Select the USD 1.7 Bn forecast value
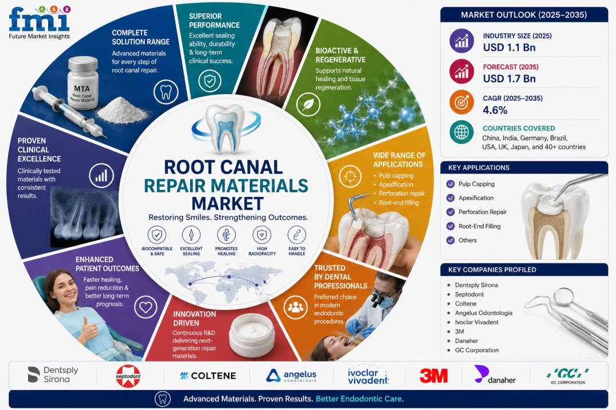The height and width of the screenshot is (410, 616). coord(509,78)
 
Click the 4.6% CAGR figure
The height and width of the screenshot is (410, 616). coord(495,110)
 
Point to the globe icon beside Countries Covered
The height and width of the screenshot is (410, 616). coord(462,132)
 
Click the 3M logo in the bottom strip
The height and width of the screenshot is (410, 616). coord(434,376)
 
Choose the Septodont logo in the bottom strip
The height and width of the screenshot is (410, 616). coord(128,376)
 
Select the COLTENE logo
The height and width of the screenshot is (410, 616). coord(208,376)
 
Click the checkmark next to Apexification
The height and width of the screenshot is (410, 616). coord(450,198)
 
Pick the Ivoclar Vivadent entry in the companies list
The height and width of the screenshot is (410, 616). coord(477,322)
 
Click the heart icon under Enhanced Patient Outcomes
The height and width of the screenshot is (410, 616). coord(146,307)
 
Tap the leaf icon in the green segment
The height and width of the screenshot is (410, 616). coord(308,104)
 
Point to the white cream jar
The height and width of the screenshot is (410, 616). coord(252,334)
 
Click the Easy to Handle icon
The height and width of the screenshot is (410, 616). coord(297,235)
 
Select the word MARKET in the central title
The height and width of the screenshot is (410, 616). coord(227,204)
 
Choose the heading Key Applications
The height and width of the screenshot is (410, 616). coord(478,168)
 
